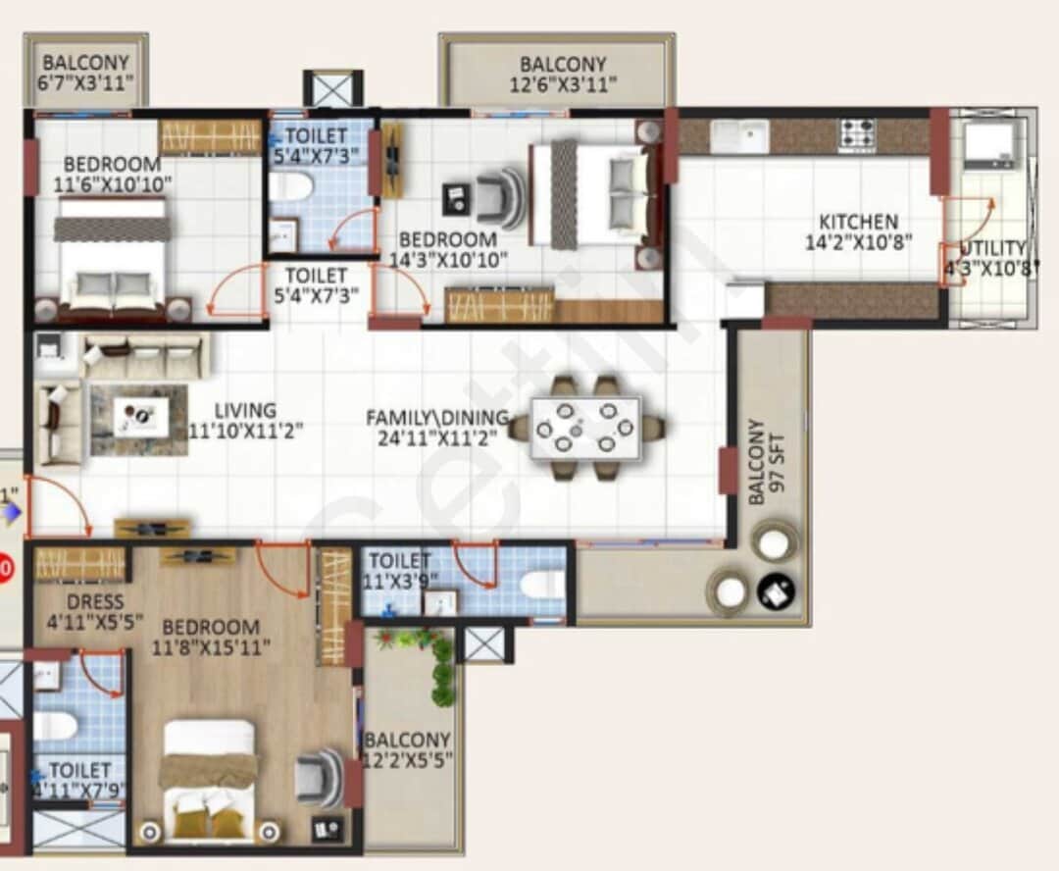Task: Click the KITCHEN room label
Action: pos(858,222)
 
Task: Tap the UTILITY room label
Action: pos(992,248)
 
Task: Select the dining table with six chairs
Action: pos(585,428)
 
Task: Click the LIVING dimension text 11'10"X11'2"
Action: pos(245,430)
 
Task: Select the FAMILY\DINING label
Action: pos(437,418)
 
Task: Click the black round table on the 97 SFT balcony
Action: pos(776,591)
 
